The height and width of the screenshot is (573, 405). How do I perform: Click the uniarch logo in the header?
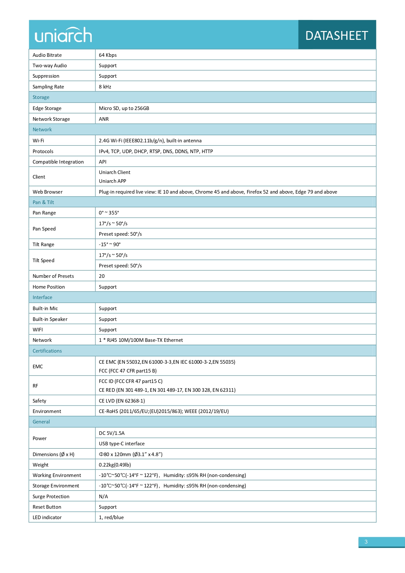tap(63, 35)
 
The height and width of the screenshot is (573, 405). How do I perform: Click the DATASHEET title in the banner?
tap(336, 36)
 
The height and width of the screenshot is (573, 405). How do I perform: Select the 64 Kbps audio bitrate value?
tap(108, 55)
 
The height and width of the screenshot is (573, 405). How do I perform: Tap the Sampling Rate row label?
tap(48, 87)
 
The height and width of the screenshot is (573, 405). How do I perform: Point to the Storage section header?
tap(41, 97)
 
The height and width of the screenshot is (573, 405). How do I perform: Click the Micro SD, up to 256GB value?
tap(124, 108)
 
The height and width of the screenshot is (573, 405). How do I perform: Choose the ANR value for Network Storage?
tap(104, 119)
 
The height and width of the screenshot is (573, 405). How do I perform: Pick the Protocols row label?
tap(43, 151)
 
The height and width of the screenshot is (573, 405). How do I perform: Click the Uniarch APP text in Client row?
tap(113, 181)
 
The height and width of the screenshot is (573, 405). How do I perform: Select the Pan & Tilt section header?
tap(43, 202)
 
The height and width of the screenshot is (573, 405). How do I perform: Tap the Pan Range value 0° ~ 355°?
tap(109, 213)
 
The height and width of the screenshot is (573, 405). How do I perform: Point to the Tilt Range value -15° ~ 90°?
tap(110, 244)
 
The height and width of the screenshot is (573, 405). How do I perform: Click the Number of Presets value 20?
tap(102, 276)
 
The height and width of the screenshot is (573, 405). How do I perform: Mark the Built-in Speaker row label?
tap(50, 319)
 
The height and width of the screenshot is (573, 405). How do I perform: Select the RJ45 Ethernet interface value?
tap(141, 340)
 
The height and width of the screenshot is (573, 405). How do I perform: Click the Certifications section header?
tap(47, 351)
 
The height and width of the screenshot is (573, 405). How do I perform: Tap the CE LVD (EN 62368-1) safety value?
tap(122, 401)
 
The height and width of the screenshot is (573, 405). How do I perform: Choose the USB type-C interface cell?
tap(122, 443)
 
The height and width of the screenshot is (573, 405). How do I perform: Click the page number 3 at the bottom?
tap(366, 542)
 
